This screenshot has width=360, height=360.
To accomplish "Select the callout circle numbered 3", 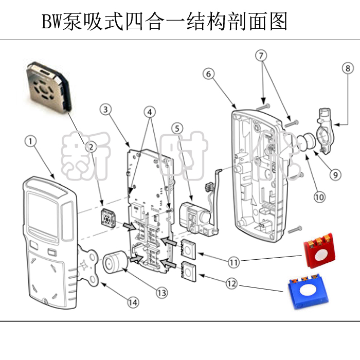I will point(105,109).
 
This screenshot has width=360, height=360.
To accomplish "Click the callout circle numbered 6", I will point(208,74).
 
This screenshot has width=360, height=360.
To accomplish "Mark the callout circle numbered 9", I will point(335,174).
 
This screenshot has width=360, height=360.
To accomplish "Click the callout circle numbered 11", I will point(234,262).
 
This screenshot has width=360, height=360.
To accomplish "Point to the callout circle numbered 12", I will point(232,282).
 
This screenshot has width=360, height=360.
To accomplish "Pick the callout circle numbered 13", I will point(161,293).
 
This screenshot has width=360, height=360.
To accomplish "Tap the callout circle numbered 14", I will point(133,303).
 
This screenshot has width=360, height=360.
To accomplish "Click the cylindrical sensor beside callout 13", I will point(115,261).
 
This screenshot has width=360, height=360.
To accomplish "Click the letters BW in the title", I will point(51,22).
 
